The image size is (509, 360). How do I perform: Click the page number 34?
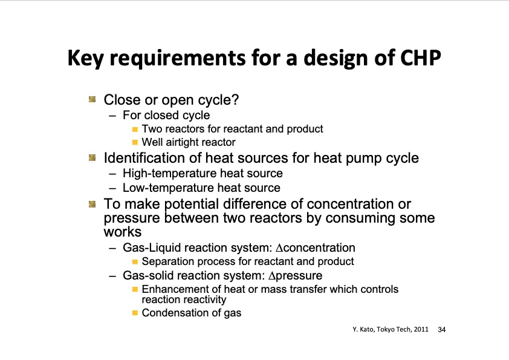[441, 330]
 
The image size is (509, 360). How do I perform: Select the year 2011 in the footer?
[421, 330]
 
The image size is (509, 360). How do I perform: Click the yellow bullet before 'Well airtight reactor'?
[135, 143]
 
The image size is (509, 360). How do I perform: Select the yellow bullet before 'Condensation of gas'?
[135, 313]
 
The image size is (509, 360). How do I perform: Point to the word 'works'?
[122, 232]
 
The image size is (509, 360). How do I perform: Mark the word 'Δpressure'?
[295, 276]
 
